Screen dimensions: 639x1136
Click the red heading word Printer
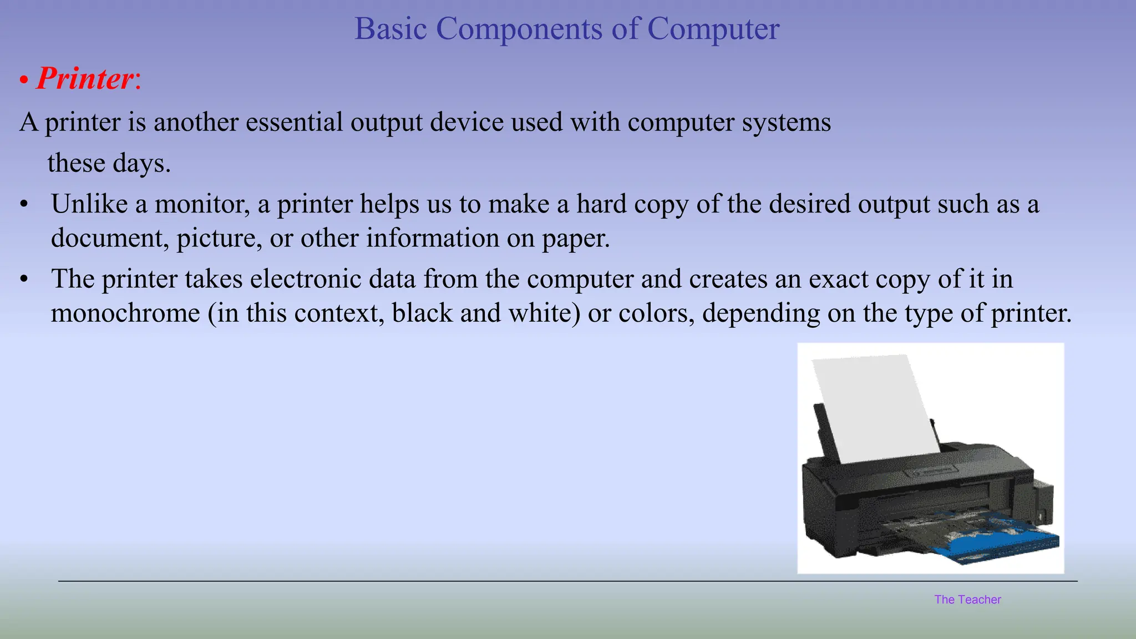tap(85, 79)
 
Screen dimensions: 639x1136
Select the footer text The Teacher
tap(967, 600)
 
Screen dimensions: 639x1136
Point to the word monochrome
tap(125, 313)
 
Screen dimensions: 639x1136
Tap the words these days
tap(109, 163)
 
